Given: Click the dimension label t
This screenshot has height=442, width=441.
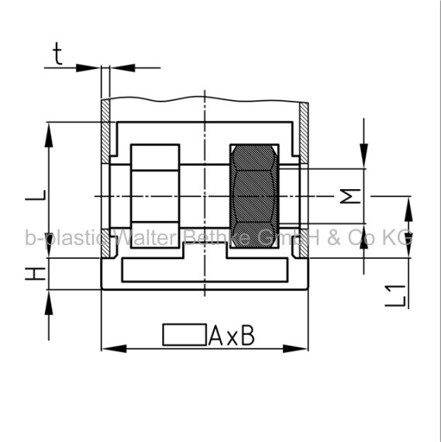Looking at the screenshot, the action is (x=58, y=54).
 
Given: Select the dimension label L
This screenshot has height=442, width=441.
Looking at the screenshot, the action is (x=36, y=195).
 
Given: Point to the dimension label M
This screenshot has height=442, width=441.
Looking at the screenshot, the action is (x=350, y=196).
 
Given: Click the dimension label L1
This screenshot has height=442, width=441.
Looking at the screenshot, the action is (x=396, y=295).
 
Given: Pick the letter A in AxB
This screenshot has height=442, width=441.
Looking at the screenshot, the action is (x=215, y=335).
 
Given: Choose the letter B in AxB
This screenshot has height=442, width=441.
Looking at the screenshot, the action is (x=248, y=335).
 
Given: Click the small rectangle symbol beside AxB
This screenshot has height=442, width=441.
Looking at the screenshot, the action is (x=184, y=334).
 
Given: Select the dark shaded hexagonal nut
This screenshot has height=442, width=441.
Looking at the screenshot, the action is (x=254, y=196).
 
